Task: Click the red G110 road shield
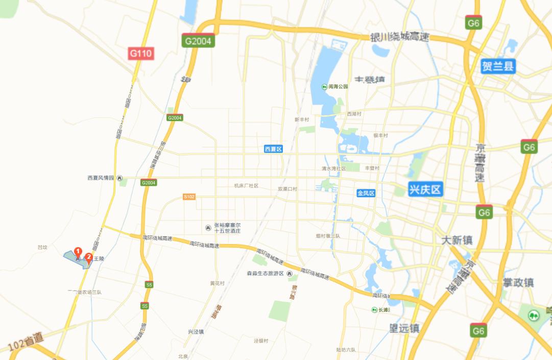coord(140,53)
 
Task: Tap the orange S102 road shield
coord(189,197)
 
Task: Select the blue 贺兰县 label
coord(498,66)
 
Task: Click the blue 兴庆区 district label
coord(425,190)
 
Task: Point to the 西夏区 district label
coord(273,149)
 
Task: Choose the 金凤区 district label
coord(366,193)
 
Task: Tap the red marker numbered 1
coord(78,252)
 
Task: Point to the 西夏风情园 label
coord(101,178)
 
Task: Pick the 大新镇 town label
coord(457,240)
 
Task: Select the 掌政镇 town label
coord(519,282)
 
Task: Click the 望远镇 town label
coord(404,328)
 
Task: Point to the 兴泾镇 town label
coord(196,331)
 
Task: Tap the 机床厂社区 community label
coord(246,186)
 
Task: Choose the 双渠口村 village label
coord(287,189)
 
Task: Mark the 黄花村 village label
coord(217,283)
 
